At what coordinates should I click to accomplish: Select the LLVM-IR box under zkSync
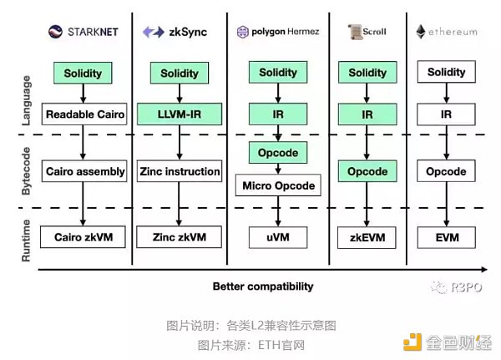[x=180, y=114]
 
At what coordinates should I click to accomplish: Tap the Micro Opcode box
[x=279, y=185]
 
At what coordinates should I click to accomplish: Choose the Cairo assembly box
[x=83, y=171]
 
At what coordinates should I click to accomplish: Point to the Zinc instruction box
[x=180, y=171]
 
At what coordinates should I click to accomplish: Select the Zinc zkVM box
[x=180, y=237]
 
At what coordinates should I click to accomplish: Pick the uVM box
[x=278, y=237]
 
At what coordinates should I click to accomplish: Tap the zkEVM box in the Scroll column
[x=368, y=237]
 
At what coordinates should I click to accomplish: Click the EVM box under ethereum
[x=446, y=237]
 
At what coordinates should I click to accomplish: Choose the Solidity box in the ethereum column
[x=446, y=73]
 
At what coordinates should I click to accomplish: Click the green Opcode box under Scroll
[x=368, y=171]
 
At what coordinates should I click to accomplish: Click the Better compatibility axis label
[x=263, y=286]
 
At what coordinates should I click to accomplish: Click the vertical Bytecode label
[x=27, y=170]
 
